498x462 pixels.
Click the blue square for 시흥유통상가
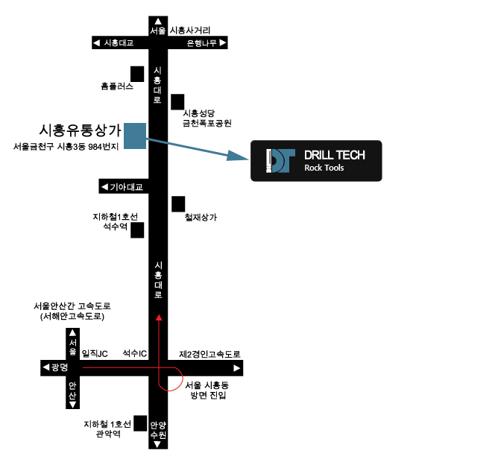[135, 136]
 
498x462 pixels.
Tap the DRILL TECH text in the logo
[335, 155]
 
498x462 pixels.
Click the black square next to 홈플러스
[137, 74]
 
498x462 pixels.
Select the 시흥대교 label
[119, 43]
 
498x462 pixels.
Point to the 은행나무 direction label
[202, 43]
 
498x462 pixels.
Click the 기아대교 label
[126, 187]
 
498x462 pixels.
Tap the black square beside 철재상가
[178, 204]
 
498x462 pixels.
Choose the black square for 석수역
[137, 230]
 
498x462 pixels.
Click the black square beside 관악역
[140, 423]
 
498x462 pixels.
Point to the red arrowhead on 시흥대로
[159, 317]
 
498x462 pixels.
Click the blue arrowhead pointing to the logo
[238, 156]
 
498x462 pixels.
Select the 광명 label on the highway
[60, 367]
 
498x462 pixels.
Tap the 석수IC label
[135, 353]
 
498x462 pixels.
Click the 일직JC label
[95, 353]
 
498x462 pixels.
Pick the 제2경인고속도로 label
[209, 354]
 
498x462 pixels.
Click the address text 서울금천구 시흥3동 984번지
[66, 147]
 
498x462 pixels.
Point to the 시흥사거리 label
[190, 31]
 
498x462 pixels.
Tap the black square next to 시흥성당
[177, 102]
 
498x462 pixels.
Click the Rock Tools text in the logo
[324, 168]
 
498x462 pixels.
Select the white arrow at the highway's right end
[236, 368]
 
